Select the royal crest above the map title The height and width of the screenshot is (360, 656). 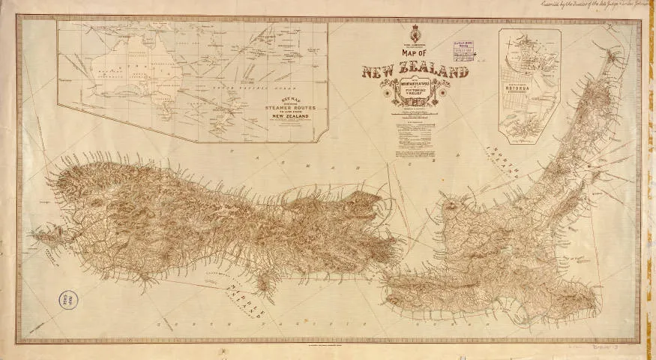415,34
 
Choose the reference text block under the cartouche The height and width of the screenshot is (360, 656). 416,139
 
